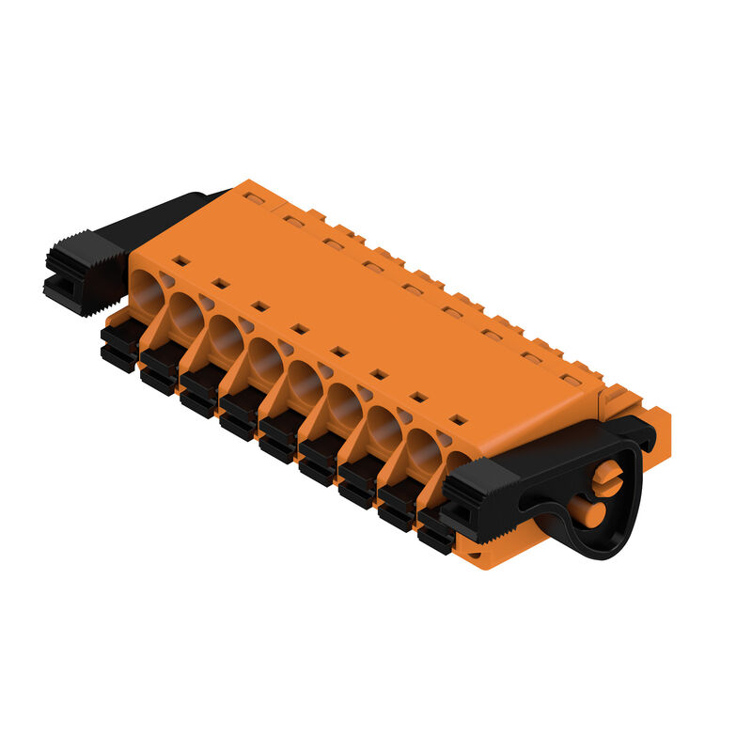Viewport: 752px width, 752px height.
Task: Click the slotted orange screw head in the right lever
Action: tap(607, 477)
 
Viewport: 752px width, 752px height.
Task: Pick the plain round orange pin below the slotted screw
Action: tap(589, 513)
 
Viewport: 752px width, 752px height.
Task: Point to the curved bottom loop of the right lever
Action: tap(602, 545)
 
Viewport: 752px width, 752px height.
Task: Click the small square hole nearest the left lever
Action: tap(181, 260)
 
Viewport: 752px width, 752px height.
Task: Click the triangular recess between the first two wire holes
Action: tap(166, 279)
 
